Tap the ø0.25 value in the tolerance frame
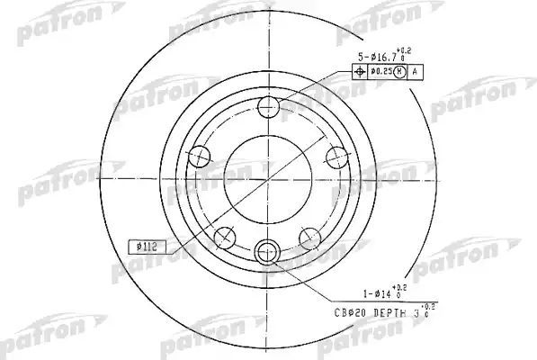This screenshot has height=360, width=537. pos(384,71)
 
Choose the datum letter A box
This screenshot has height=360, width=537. pos(417,71)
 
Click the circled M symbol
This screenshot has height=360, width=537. pos(403,71)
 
